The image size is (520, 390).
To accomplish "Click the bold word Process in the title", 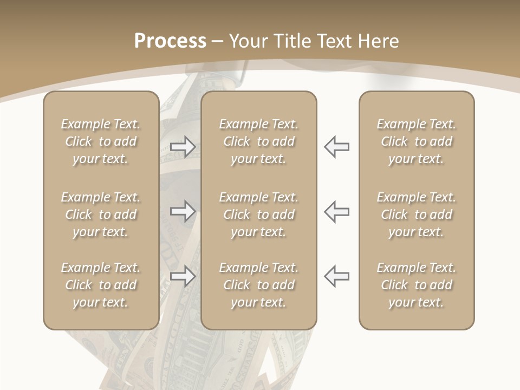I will point(170,41).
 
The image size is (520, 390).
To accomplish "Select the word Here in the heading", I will point(379,41).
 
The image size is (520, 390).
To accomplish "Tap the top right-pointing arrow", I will point(183,147).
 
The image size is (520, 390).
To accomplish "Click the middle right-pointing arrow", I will point(183,211).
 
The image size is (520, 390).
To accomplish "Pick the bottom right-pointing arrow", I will point(183,276).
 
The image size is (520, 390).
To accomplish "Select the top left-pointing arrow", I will point(336,147).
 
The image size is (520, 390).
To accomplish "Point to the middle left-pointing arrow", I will point(336,211).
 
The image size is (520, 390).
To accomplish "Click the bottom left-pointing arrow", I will point(336,276).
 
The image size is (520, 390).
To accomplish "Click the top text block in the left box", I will point(101,141).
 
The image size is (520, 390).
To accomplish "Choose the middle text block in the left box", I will point(101,214).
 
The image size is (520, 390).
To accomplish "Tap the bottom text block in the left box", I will point(101,285).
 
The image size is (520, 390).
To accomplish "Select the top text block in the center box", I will point(258,141).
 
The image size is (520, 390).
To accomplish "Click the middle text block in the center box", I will point(258,214).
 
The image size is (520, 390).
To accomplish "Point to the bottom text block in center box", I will point(258,285).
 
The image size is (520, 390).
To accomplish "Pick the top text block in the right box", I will point(416,141).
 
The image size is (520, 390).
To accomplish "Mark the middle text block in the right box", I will point(416,214).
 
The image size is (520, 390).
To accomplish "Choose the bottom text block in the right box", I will point(416,285).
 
